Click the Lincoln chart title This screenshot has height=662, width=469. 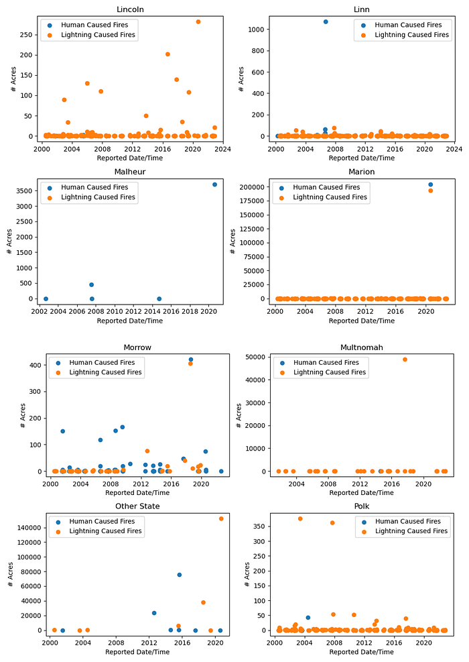(x=130, y=9)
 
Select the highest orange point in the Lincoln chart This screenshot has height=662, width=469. (x=198, y=21)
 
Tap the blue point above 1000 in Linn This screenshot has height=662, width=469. (x=326, y=21)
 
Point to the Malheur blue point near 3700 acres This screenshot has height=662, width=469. (x=215, y=184)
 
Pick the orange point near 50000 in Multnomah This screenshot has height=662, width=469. (x=405, y=360)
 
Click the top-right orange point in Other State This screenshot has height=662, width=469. (x=221, y=518)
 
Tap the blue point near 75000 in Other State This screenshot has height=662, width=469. (x=180, y=575)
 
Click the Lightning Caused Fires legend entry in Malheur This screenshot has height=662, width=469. (x=98, y=197)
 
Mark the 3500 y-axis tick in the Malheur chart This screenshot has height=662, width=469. (x=28, y=191)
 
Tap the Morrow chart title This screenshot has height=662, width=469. (x=137, y=347)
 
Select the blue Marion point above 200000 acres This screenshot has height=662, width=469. (x=430, y=184)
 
